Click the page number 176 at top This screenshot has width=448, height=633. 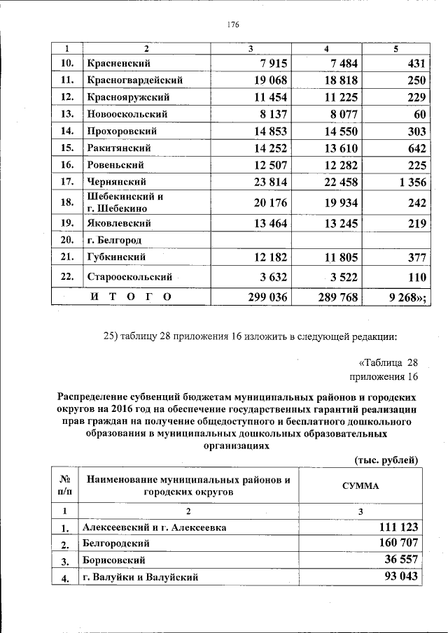pos(233,24)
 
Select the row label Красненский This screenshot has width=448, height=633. pos(118,64)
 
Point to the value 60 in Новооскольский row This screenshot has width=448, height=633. pos(419,114)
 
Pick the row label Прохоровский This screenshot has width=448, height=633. pos(122,131)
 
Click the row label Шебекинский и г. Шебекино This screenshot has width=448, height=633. pos(126,202)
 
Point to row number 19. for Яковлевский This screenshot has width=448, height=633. pos(67,223)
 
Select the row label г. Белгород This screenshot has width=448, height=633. pos(115,240)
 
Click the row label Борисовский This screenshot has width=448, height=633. pos(113,560)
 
